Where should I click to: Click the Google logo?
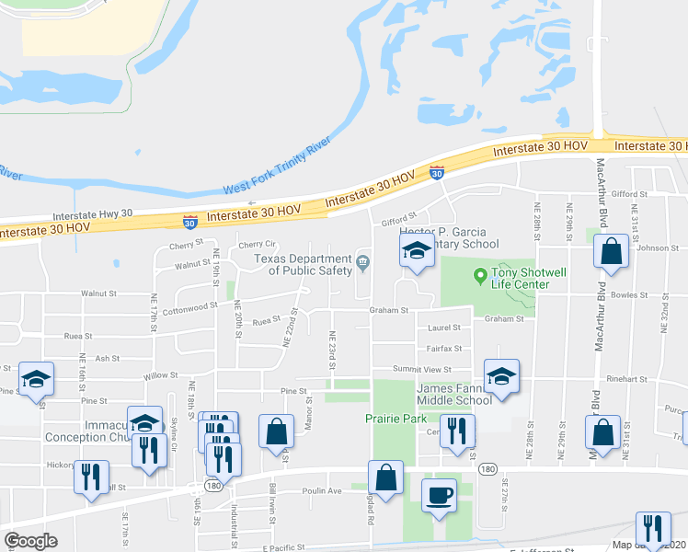tap(30, 541)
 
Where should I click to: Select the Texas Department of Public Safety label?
tap(304, 264)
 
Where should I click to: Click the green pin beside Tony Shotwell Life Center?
tap(478, 274)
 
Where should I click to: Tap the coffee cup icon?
tap(438, 494)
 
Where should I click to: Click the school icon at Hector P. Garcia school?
tap(417, 250)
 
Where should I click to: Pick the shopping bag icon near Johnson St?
tap(611, 252)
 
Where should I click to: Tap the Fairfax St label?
tap(443, 349)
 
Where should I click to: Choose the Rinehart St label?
tap(630, 378)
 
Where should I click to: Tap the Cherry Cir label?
tap(257, 245)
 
